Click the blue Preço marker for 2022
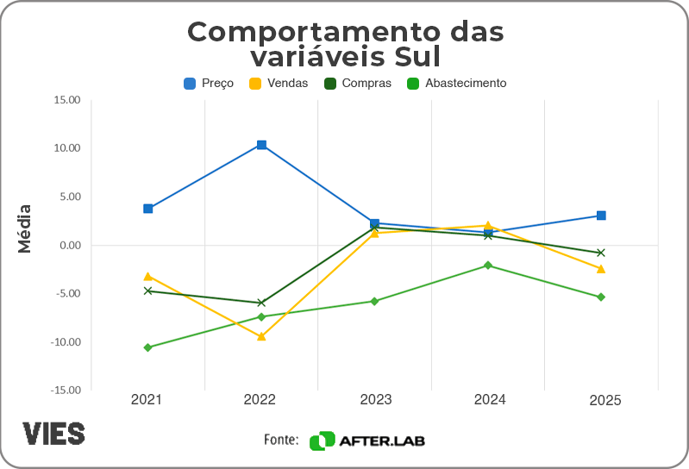tap(261, 145)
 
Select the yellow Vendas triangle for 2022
tap(261, 336)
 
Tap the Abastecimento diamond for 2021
tap(148, 347)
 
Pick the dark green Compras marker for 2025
tap(601, 253)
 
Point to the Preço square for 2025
tap(601, 216)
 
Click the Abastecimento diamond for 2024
tap(488, 265)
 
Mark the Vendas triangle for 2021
tap(148, 277)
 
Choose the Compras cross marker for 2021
tap(148, 291)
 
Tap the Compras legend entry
tap(357, 84)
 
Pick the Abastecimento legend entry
tap(456, 84)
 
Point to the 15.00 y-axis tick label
tap(66, 100)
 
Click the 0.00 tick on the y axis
tap(69, 245)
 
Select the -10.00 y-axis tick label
tap(65, 342)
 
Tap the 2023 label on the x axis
tap(375, 400)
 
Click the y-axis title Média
tap(25, 228)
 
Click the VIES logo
tap(53, 433)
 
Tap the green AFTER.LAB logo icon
tap(322, 441)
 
